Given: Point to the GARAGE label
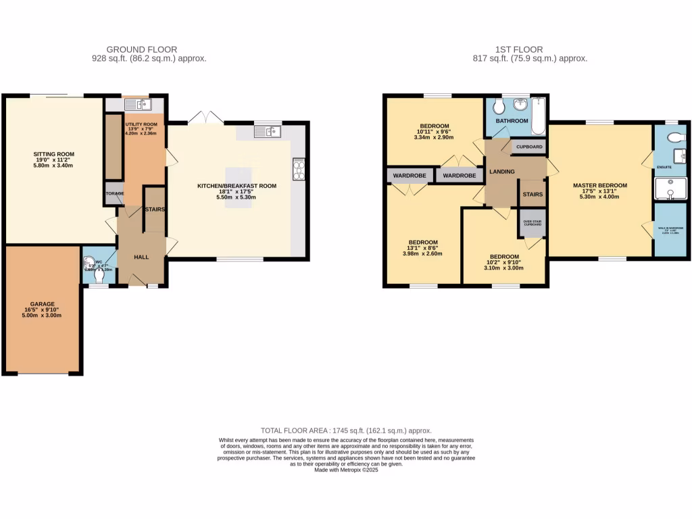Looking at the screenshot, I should coord(42,304).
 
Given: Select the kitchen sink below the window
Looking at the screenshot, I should coord(268,132).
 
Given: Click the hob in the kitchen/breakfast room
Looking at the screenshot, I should coord(298,169).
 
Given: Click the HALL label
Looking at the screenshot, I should coord(141,257).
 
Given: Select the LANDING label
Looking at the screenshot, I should coord(502,172).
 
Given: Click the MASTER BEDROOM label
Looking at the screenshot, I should coord(599,185).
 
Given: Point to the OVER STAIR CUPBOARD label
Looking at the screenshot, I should coord(532,222).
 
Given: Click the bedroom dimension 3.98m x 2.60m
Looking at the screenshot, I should coord(423,254).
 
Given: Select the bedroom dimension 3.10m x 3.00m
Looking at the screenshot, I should coord(504,268).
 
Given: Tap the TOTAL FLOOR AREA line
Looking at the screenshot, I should coord(346,430).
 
